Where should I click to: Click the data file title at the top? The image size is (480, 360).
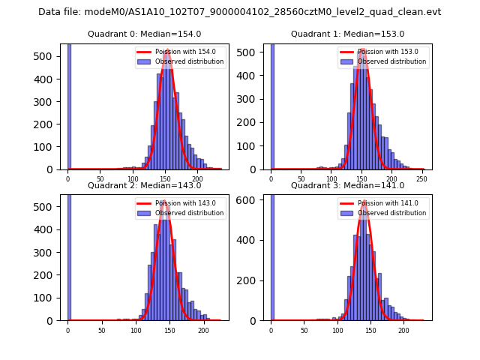[239, 12]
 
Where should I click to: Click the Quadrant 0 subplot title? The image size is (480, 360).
[144, 34]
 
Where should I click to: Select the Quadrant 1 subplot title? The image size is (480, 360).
[347, 34]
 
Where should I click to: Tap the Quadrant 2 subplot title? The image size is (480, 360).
[144, 185]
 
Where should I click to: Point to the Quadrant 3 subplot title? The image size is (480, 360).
[347, 185]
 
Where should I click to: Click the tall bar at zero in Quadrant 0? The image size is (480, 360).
[69, 105]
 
